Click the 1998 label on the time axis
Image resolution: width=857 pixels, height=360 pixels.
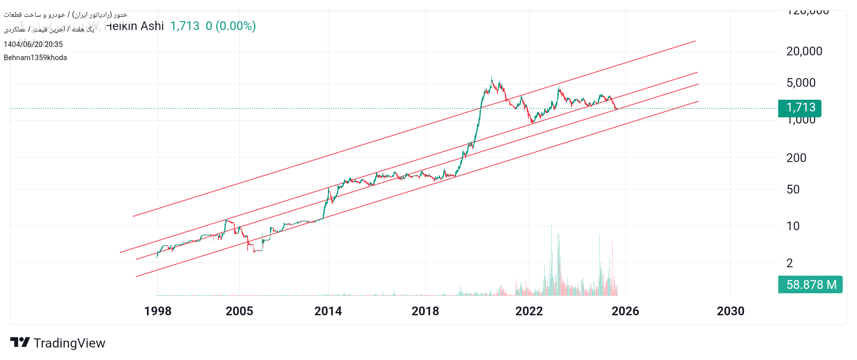pos(158,311)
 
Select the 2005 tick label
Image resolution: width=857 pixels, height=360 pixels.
pos(239,311)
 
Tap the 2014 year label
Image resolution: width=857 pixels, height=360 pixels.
pos(328,311)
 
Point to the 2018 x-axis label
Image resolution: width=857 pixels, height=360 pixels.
pos(425,311)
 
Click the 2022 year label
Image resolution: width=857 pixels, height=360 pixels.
pos(529,311)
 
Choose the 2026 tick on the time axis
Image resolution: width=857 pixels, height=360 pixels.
pos(625,311)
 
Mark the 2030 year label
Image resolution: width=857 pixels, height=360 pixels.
pos(731,311)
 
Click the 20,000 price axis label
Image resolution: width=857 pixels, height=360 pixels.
pos(804,51)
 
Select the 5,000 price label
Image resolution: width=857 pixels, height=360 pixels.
pos(801,83)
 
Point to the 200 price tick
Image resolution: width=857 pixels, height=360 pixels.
pos(796,158)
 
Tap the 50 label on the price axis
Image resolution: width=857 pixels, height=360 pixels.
pos(793,190)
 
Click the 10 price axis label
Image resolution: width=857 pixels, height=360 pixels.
pos(793,226)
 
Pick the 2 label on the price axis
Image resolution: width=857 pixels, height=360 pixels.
pos(790,263)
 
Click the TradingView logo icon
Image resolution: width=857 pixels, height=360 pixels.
pos(20,342)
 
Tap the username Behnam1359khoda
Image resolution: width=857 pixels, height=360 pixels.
pos(35,58)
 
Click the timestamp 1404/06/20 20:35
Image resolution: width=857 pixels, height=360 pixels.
pos(33,44)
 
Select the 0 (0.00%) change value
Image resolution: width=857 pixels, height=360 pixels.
pos(230,26)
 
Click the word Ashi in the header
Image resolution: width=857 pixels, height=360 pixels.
pos(152,26)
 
